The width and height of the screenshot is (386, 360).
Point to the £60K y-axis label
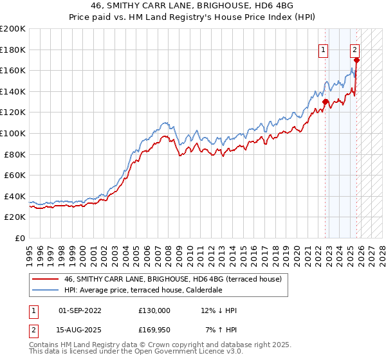(x=15, y=175)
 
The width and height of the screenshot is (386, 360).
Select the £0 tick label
(x=20, y=238)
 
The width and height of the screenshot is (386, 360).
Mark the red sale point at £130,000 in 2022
(x=326, y=102)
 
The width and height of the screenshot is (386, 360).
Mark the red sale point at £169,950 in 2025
(x=356, y=60)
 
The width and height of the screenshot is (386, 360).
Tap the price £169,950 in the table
(x=154, y=329)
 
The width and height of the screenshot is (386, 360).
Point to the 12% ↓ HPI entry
(x=219, y=310)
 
